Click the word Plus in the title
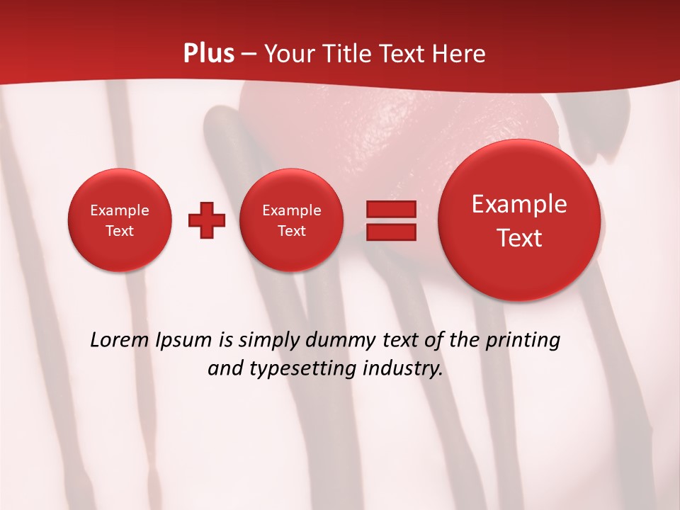click(209, 54)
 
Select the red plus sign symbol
click(207, 220)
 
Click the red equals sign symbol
click(391, 220)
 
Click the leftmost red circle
click(120, 220)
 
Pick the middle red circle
click(291, 220)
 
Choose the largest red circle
click(519, 220)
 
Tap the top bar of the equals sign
click(391, 209)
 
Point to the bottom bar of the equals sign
click(391, 232)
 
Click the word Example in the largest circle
click(519, 204)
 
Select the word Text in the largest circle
click(519, 238)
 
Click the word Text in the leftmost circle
click(120, 230)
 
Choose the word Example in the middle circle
click(291, 210)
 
